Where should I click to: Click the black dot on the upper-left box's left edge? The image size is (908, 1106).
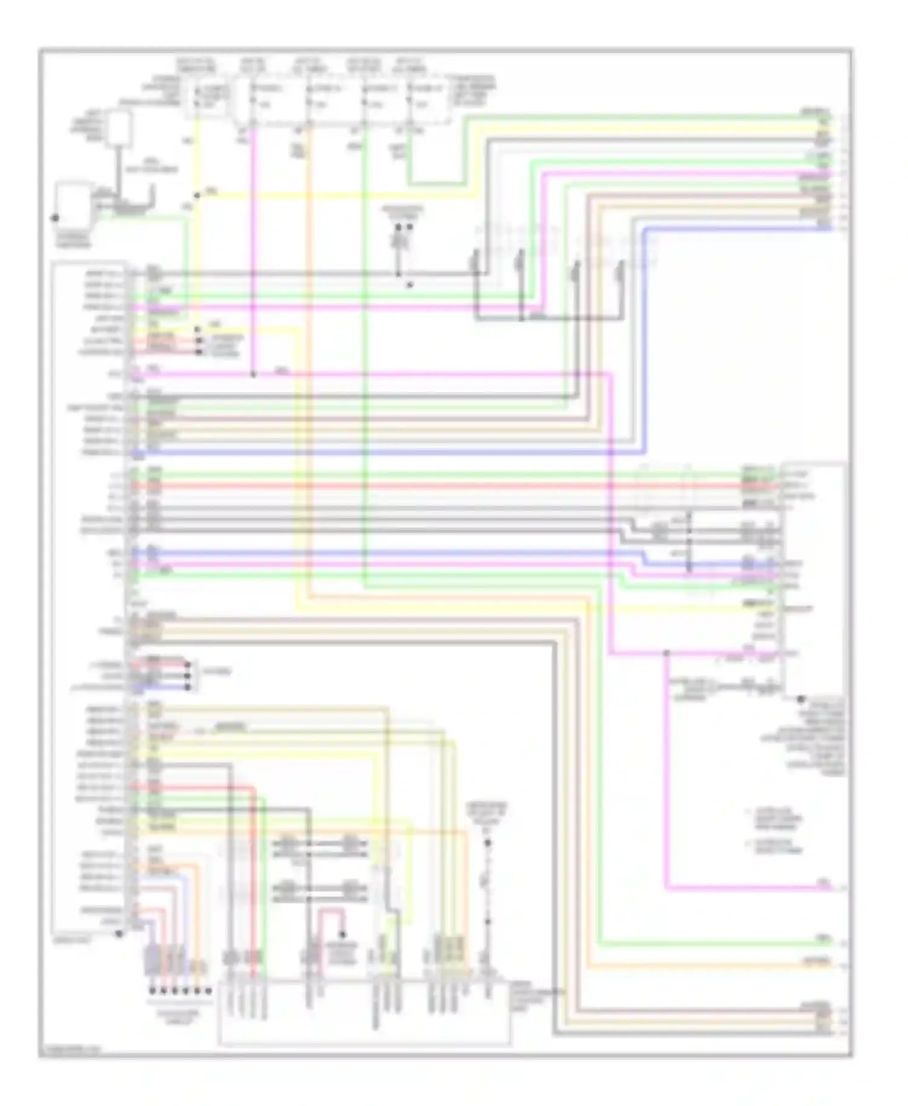[55, 218]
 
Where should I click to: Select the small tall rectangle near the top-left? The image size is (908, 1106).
[120, 128]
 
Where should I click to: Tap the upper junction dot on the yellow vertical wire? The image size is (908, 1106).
[197, 195]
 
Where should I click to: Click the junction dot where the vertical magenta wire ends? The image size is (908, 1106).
[253, 375]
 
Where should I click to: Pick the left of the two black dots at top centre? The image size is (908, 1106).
[398, 227]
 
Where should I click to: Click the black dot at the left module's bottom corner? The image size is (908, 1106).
[119, 934]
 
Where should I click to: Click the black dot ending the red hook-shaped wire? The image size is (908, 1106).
[342, 934]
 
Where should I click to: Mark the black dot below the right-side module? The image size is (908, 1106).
[800, 699]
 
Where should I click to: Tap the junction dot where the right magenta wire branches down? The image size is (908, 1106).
[666, 653]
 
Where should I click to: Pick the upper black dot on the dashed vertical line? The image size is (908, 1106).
[487, 843]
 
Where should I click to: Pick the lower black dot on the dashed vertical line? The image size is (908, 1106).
[487, 922]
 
